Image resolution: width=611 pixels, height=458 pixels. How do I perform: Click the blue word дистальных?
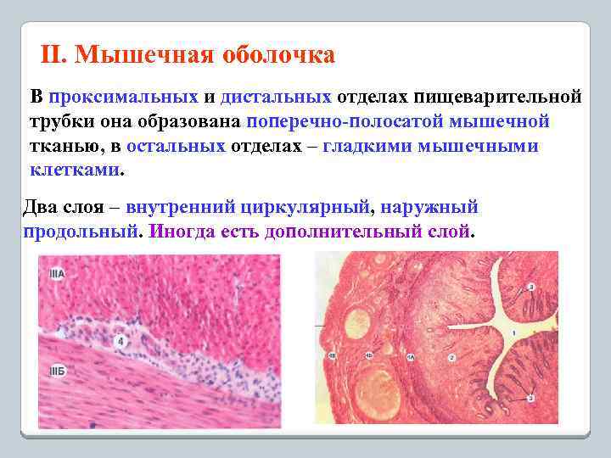[x=276, y=97]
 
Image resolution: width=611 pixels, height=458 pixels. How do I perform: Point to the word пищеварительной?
[x=497, y=97]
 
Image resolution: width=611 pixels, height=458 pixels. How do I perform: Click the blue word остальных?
[x=177, y=146]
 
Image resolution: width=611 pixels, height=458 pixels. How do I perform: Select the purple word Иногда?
[x=178, y=231]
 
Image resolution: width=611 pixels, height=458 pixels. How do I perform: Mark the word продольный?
[x=78, y=231]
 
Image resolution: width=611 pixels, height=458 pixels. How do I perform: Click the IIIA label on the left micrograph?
[x=57, y=274]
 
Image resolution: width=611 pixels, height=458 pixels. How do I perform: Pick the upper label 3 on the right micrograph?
[x=531, y=287]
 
